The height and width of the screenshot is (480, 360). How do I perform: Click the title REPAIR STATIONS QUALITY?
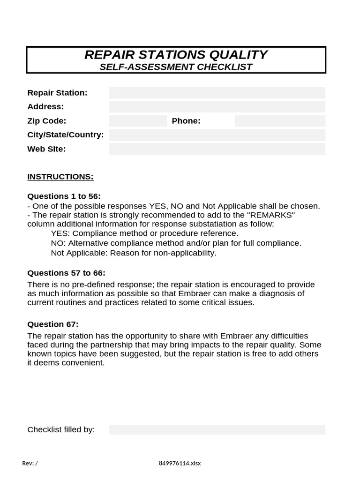176,55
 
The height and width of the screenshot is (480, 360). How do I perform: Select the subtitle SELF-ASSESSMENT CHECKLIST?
176,67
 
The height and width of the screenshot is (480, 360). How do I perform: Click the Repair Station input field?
217,93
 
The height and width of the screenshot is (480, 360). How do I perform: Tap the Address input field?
217,107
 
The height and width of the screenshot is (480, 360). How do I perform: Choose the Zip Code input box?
138,121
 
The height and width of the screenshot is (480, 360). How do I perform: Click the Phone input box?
280,121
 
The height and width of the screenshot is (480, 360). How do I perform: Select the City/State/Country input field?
217,135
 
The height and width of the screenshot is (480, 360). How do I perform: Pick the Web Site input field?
217,149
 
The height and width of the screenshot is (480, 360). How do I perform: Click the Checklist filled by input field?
217,430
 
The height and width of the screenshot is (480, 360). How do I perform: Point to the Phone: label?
186,121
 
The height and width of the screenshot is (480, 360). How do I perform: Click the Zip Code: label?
47,121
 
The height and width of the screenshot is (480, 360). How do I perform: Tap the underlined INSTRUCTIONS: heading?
60,177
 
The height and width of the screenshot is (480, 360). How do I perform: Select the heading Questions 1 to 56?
64,196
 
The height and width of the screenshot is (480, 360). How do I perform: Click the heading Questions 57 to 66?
66,273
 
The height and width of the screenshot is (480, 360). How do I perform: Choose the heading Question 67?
53,324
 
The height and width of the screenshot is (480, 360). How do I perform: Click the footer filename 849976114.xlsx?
180,463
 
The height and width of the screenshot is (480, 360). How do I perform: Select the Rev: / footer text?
30,463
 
